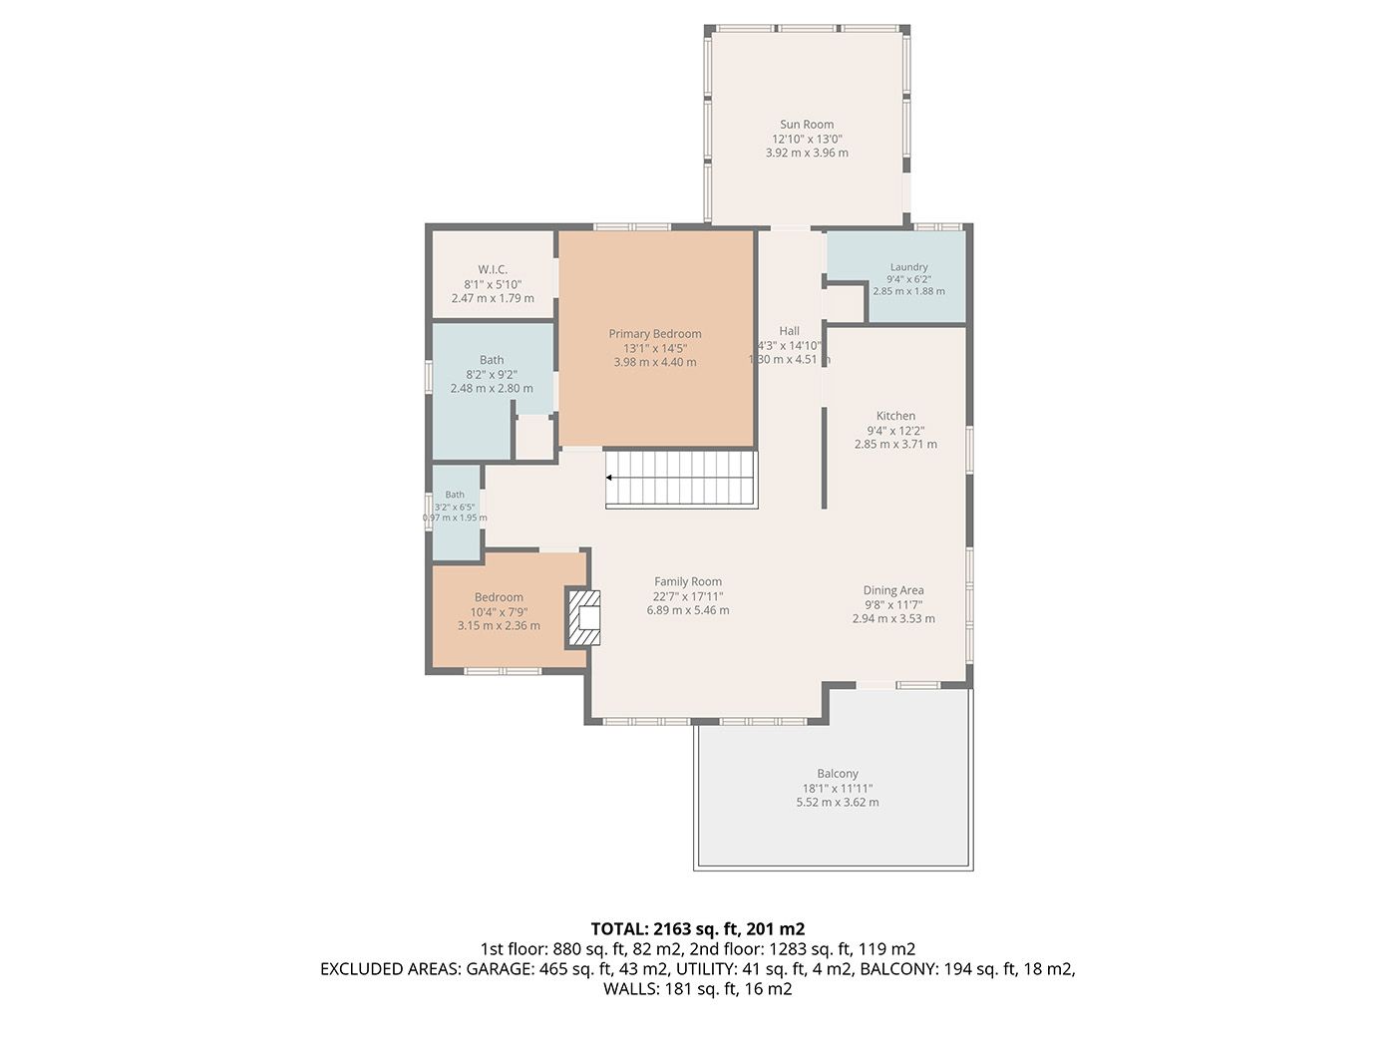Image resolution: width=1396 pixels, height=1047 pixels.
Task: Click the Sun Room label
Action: pyautogui.click(x=807, y=125)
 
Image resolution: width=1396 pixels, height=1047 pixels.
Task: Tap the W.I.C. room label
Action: pyautogui.click(x=493, y=269)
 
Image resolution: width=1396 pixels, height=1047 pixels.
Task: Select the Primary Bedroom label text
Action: pyautogui.click(x=655, y=334)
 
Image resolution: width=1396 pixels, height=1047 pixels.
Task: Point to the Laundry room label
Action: pyautogui.click(x=908, y=267)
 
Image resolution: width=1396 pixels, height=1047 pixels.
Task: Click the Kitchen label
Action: pyautogui.click(x=895, y=416)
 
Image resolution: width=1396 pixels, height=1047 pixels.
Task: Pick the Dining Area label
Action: pyautogui.click(x=893, y=590)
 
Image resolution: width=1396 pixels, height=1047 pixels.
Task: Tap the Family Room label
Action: pyautogui.click(x=688, y=581)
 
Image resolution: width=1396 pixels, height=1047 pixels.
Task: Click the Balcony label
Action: pyautogui.click(x=838, y=774)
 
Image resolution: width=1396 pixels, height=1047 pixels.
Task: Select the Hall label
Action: pyautogui.click(x=790, y=331)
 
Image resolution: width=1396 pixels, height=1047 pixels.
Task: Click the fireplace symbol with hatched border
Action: pyautogui.click(x=584, y=619)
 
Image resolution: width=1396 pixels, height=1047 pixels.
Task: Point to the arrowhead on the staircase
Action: pyautogui.click(x=609, y=478)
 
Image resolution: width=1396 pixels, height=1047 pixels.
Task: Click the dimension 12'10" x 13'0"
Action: pyautogui.click(x=807, y=140)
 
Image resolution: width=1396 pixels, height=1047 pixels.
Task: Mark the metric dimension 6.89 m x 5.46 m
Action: pyautogui.click(x=688, y=610)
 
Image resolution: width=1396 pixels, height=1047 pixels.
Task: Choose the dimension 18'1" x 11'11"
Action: pyautogui.click(x=838, y=789)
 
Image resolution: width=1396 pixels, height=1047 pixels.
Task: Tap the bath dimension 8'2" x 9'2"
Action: pyautogui.click(x=492, y=375)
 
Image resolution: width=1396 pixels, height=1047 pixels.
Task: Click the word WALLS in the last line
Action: pyautogui.click(x=631, y=989)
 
